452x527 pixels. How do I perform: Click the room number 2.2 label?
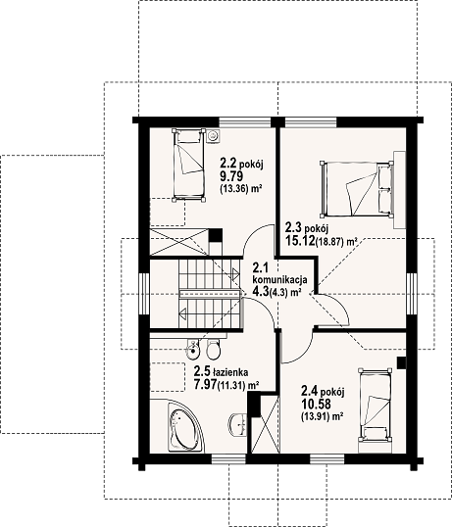point(228,164)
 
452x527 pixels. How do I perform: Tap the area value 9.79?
point(231,176)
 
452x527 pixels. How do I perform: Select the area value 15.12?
point(300,240)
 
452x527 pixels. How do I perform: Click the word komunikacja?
point(279,279)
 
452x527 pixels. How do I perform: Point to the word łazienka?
point(230,372)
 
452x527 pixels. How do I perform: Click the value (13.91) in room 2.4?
point(314,416)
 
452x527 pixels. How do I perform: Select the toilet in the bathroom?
point(213,350)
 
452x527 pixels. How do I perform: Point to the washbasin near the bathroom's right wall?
point(238,424)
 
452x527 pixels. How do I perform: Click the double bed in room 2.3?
point(357,188)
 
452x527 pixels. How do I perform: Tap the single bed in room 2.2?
point(188,165)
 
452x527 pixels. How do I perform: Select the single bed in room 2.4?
point(376,406)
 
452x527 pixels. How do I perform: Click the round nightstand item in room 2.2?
point(213,136)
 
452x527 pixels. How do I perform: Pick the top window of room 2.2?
point(245,122)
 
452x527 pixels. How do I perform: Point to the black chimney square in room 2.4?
point(401,362)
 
